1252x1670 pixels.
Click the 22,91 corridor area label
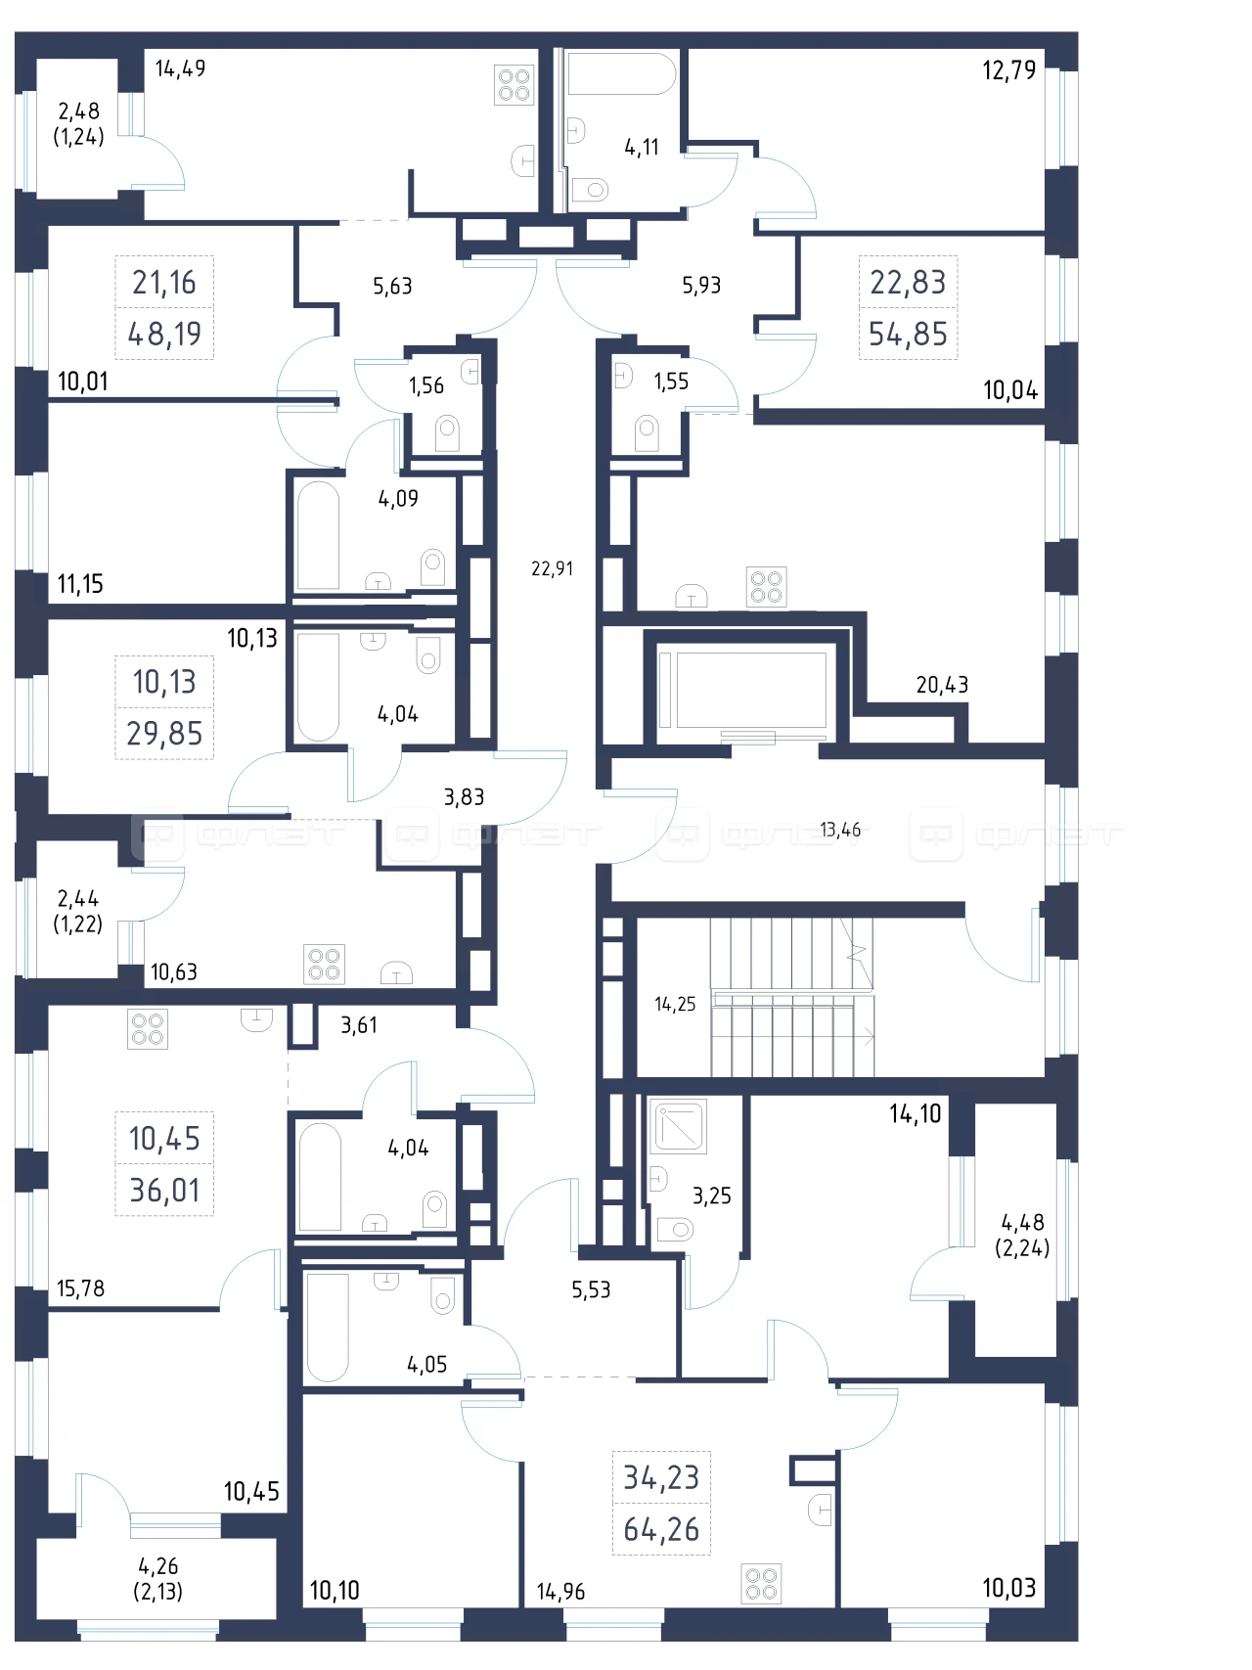552,568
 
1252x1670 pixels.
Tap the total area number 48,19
164,334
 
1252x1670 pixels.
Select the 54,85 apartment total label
908,334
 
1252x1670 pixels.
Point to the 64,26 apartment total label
661,1528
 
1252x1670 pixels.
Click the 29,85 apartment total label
164,733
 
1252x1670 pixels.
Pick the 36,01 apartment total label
164,1190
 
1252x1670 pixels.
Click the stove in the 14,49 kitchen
514,85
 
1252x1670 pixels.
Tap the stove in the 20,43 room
767,587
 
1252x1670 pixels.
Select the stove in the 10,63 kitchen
324,963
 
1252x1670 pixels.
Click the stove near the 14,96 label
761,1583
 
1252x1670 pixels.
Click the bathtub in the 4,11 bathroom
621,73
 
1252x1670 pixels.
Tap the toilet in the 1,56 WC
447,433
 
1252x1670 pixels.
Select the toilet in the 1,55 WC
646,432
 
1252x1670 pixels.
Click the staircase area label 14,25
675,1004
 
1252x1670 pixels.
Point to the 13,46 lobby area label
840,830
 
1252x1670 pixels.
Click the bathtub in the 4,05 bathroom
328,1327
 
